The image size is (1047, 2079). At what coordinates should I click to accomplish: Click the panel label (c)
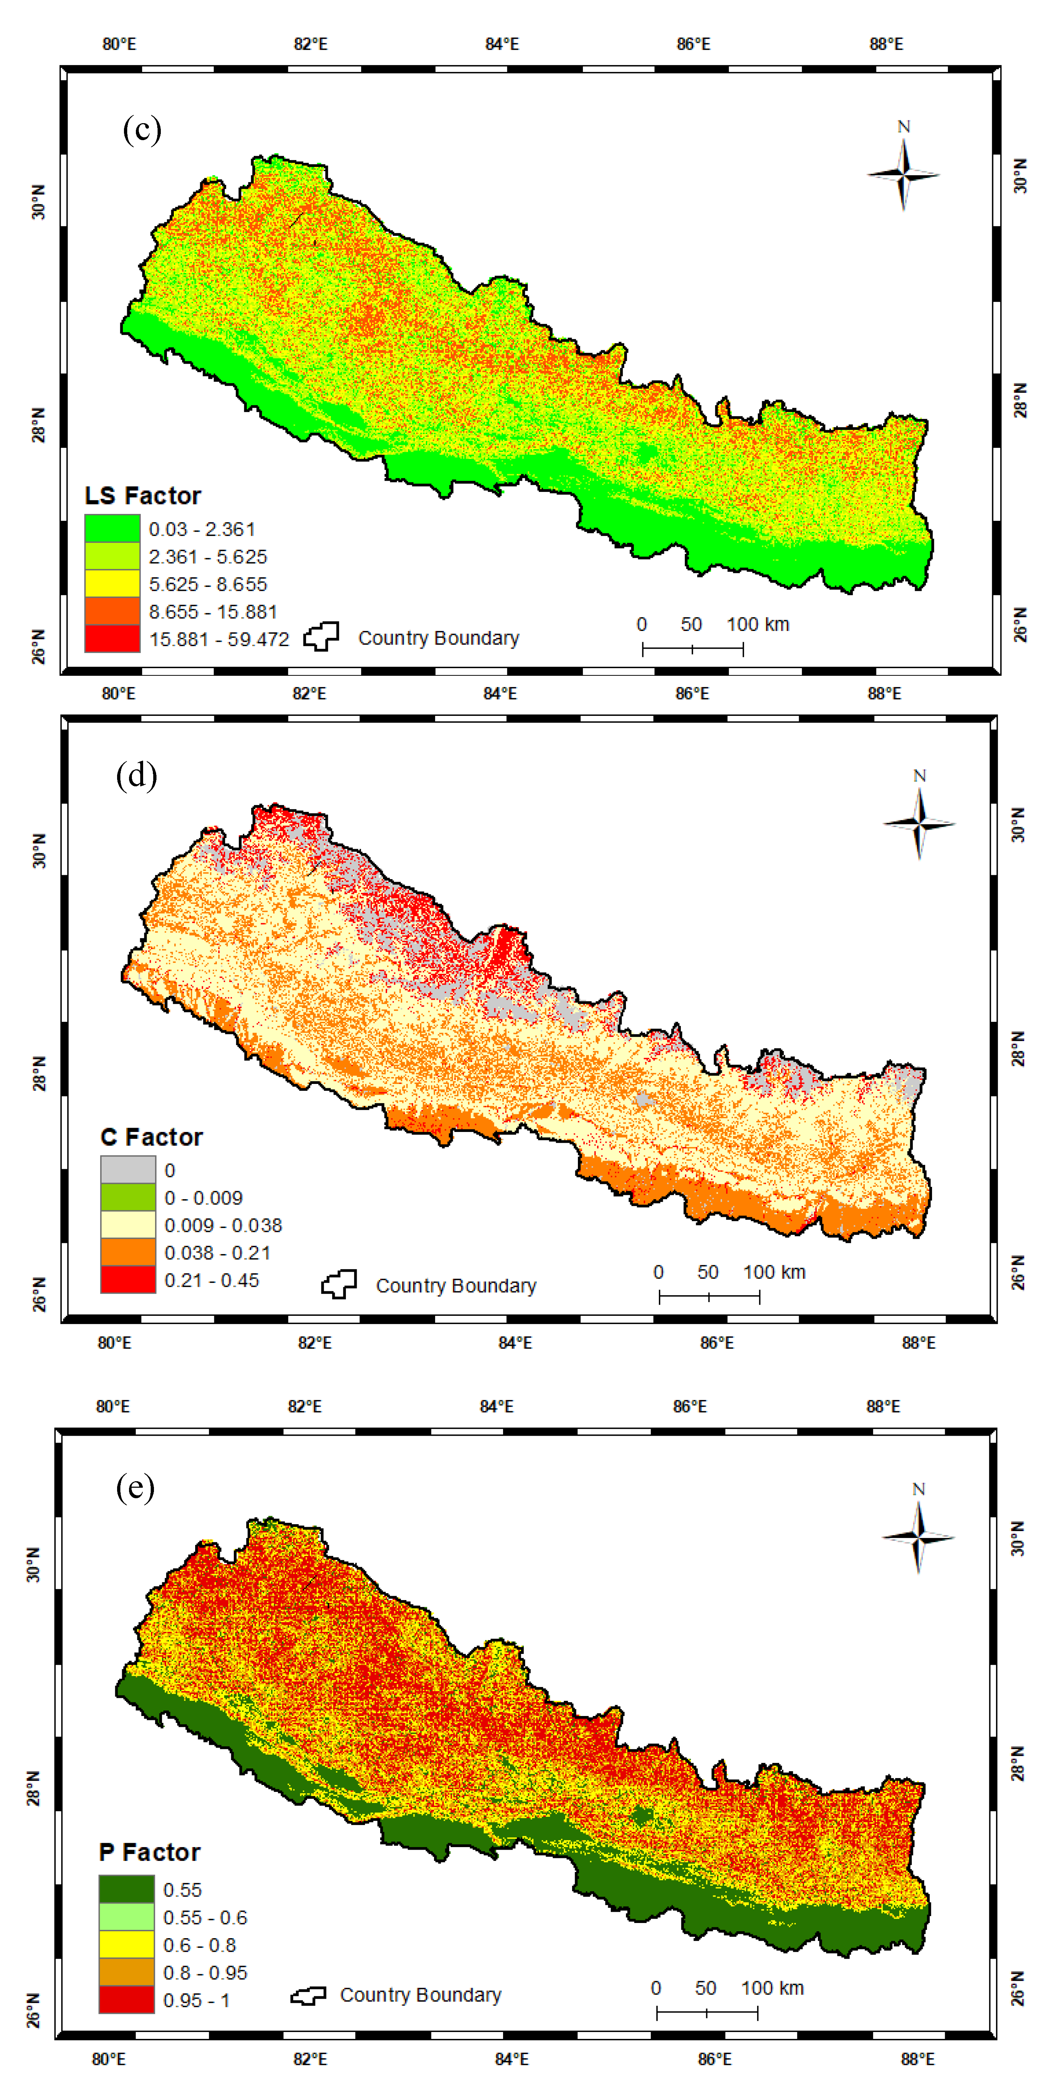coord(142,129)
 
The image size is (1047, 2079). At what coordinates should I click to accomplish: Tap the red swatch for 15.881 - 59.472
coord(112,638)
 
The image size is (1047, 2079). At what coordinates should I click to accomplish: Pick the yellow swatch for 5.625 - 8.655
coord(112,584)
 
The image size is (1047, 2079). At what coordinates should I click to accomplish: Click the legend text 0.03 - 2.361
coord(202,530)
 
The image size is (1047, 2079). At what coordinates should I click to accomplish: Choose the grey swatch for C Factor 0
coord(128,1170)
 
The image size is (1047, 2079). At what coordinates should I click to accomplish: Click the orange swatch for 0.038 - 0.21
coord(128,1253)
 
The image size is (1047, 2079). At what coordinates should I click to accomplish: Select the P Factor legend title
coord(149,1852)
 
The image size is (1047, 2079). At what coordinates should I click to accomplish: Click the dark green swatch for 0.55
coord(126,1889)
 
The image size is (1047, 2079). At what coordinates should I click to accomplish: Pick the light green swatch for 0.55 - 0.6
coord(126,1917)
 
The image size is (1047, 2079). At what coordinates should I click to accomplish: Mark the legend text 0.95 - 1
coord(196,2001)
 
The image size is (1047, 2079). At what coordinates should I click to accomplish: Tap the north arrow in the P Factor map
coord(918,1536)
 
